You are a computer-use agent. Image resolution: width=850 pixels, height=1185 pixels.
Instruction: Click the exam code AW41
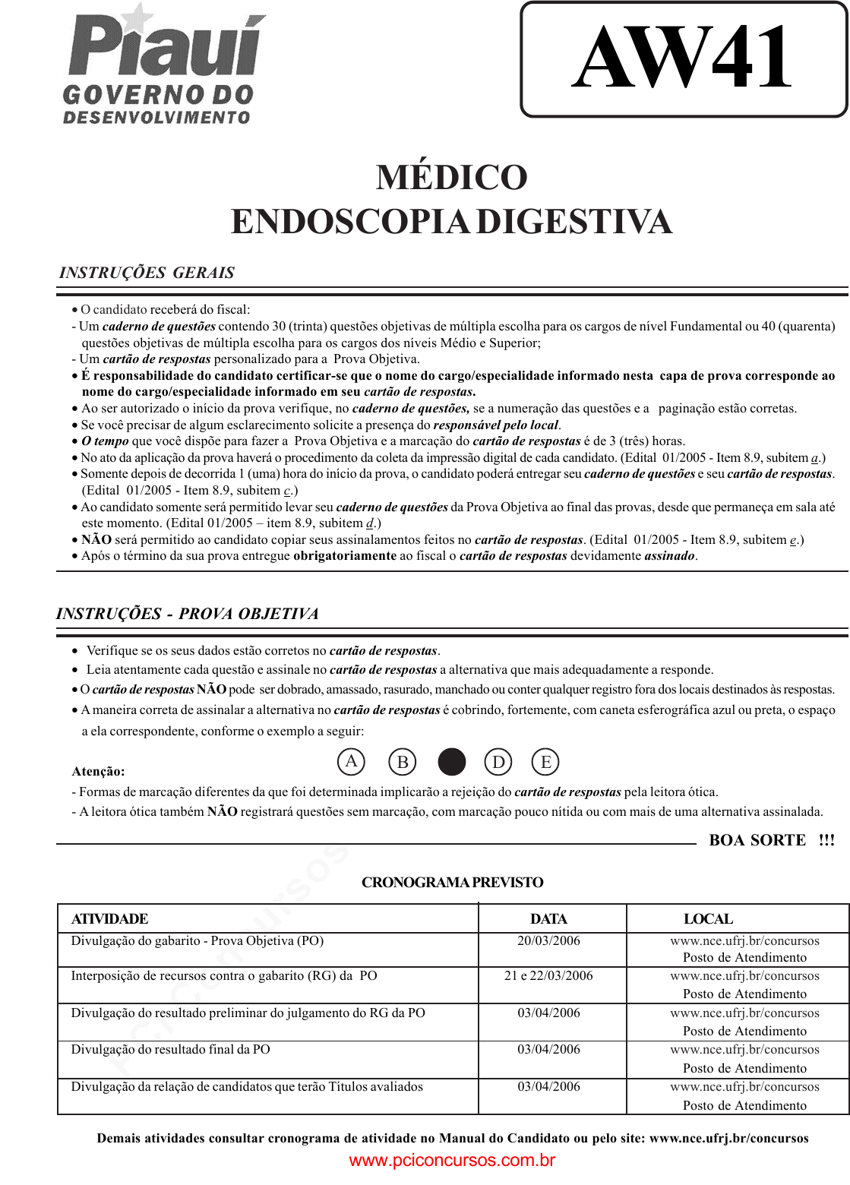[x=682, y=58]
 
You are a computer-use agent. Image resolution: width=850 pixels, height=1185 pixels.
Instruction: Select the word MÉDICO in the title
[x=451, y=178]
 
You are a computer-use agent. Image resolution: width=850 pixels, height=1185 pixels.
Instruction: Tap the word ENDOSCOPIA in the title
[x=349, y=222]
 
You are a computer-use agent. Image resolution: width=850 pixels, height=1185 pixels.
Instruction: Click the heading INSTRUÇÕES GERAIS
[x=147, y=273]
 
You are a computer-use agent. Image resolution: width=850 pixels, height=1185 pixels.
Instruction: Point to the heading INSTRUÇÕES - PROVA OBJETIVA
[x=187, y=614]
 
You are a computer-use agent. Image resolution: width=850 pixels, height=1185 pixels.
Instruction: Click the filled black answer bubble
[x=452, y=761]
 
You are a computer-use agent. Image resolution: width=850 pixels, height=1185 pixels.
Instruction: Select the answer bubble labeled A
[x=351, y=761]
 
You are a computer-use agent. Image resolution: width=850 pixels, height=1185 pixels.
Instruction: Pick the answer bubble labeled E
[x=545, y=761]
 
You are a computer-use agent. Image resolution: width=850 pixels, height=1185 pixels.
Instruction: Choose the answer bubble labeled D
[x=498, y=761]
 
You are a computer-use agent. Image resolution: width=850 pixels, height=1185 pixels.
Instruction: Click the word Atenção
[x=99, y=772]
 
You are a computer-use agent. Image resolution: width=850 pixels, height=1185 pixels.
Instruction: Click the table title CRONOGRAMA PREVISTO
[x=452, y=883]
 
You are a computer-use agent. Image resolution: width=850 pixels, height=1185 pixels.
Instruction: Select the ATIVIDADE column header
[x=109, y=919]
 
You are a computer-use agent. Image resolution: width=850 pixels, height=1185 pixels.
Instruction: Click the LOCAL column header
[x=708, y=919]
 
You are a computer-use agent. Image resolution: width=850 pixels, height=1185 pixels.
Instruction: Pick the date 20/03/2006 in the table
[x=548, y=941]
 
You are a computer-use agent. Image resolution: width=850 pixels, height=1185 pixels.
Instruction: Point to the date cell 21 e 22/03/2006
[x=548, y=976]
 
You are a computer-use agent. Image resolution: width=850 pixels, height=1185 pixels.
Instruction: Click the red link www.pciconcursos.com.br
[x=452, y=1161]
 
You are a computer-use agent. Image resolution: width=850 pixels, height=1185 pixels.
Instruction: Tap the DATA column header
[x=548, y=919]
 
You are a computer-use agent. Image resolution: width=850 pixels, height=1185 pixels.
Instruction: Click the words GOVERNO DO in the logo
[x=158, y=95]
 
